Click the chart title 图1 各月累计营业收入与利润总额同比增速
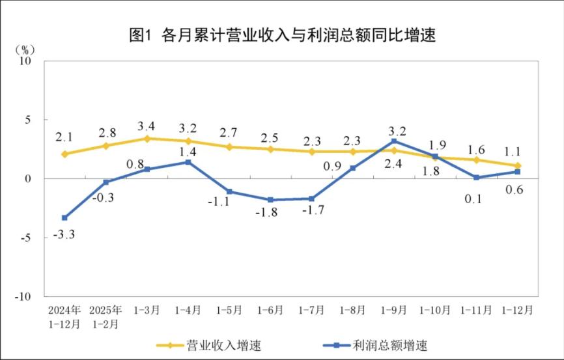282,34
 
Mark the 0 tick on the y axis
29,178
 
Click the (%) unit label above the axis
24,49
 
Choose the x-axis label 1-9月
394,311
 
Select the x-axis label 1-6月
270,311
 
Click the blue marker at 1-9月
394,141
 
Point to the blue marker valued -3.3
64,217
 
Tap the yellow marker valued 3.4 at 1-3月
147,139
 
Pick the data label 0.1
473,199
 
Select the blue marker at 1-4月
188,162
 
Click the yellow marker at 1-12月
518,166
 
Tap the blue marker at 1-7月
311,199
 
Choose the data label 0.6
515,190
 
